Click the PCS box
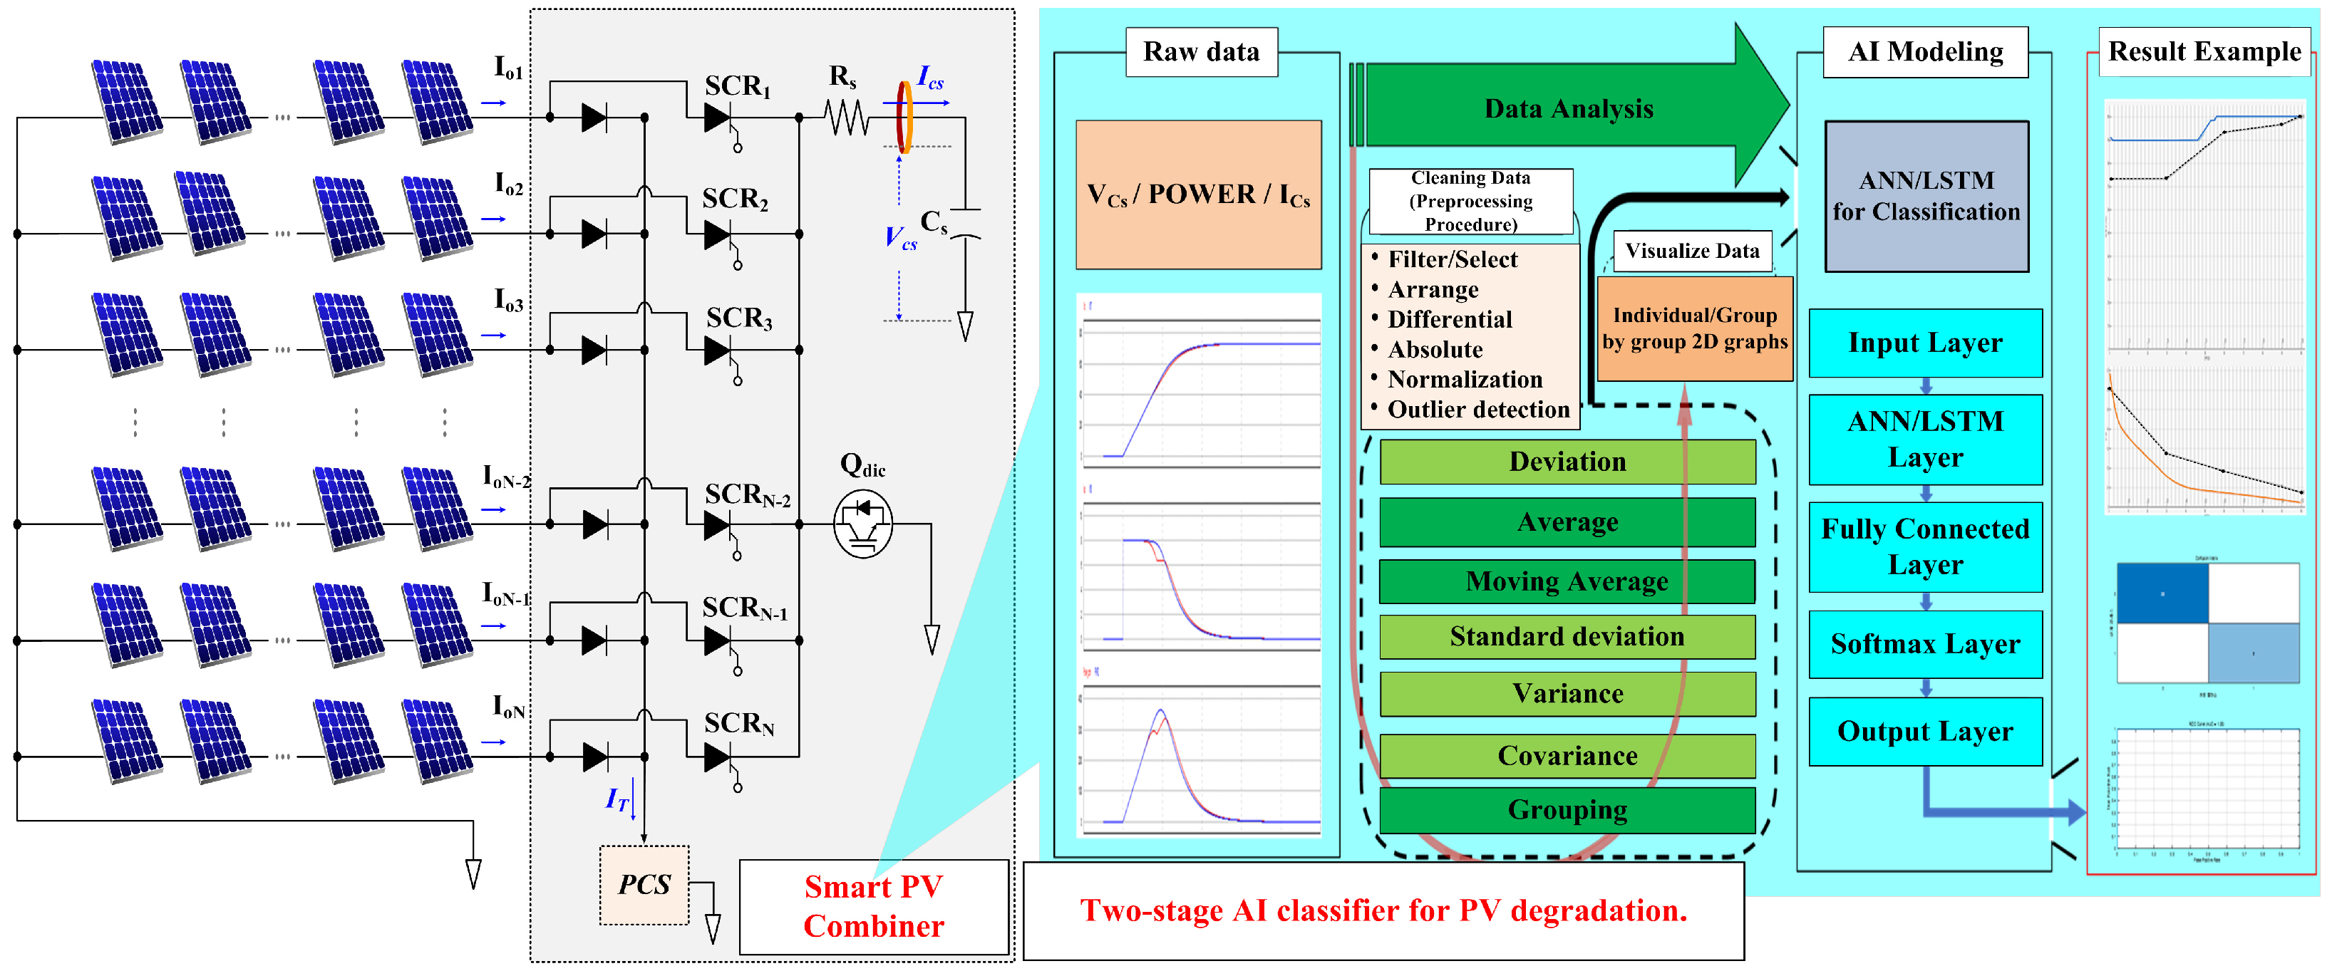[x=644, y=884]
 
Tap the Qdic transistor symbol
[x=863, y=524]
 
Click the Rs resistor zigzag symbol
[x=847, y=117]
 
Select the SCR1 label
[x=738, y=86]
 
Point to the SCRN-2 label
[x=748, y=495]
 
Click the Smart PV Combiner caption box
[x=874, y=906]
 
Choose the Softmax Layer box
[x=1925, y=644]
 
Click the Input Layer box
[x=1925, y=343]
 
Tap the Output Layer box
[x=1925, y=731]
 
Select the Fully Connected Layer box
[x=1925, y=546]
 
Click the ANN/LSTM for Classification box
[x=1926, y=196]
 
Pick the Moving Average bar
[x=1567, y=581]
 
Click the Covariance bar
[x=1567, y=756]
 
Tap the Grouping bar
[x=1567, y=809]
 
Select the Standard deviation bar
[x=1567, y=637]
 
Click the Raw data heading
[x=1201, y=52]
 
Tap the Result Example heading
[x=2204, y=52]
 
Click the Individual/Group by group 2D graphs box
[x=1694, y=328]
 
